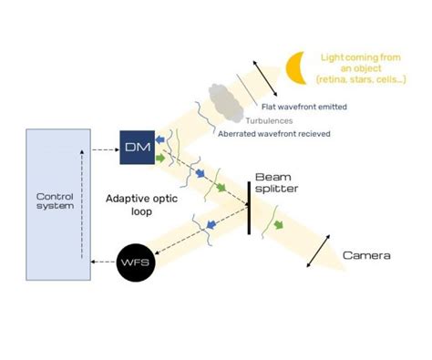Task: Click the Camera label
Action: [366, 255]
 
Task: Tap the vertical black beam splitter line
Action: [248, 207]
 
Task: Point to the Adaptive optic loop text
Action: [136, 204]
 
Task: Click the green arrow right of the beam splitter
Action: [277, 224]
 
